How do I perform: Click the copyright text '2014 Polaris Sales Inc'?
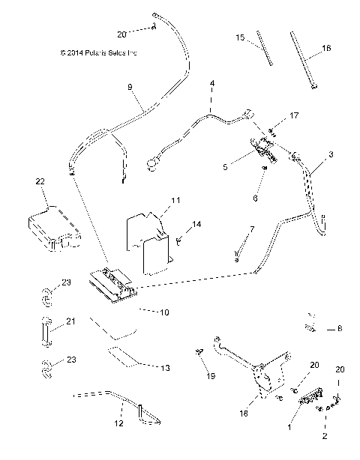click(x=97, y=53)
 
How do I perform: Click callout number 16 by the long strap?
click(x=326, y=47)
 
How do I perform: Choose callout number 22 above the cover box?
click(x=40, y=182)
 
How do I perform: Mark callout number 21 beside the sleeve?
click(x=70, y=321)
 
